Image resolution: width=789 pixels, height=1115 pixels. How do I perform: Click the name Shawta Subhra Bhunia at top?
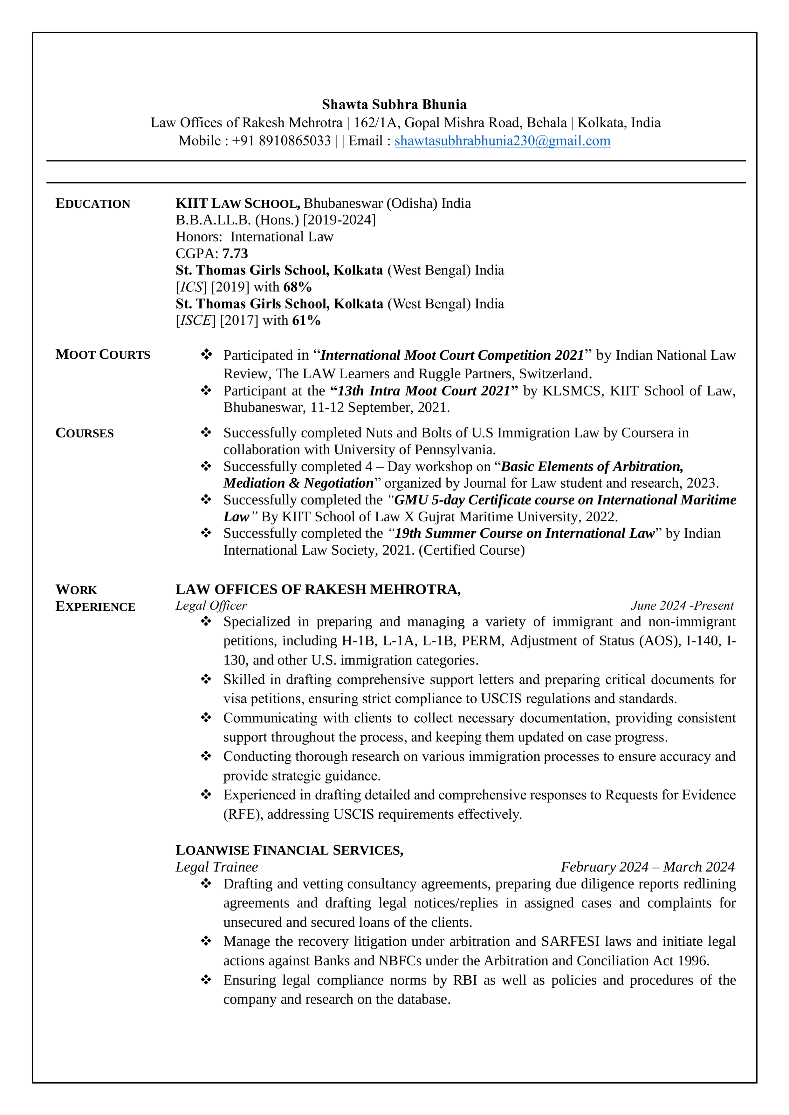pyautogui.click(x=394, y=105)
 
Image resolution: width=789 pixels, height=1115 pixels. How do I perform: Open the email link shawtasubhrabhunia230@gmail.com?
pyautogui.click(x=502, y=141)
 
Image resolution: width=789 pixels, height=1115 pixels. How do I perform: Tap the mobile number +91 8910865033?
pyautogui.click(x=281, y=141)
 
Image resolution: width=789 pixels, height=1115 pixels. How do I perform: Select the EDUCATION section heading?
pyautogui.click(x=93, y=204)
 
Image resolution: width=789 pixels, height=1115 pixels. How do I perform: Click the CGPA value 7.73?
pyautogui.click(x=235, y=253)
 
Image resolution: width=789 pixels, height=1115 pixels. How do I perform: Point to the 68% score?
pyautogui.click(x=297, y=287)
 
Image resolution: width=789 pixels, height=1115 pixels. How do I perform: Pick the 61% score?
pyautogui.click(x=306, y=321)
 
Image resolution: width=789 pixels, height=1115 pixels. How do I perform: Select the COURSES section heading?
pyautogui.click(x=85, y=433)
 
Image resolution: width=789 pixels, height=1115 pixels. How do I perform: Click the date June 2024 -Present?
pyautogui.click(x=682, y=605)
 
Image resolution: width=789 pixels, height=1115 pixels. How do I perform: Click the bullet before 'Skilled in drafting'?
pyautogui.click(x=206, y=679)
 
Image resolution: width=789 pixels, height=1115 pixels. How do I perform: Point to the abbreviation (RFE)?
pyautogui.click(x=243, y=814)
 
